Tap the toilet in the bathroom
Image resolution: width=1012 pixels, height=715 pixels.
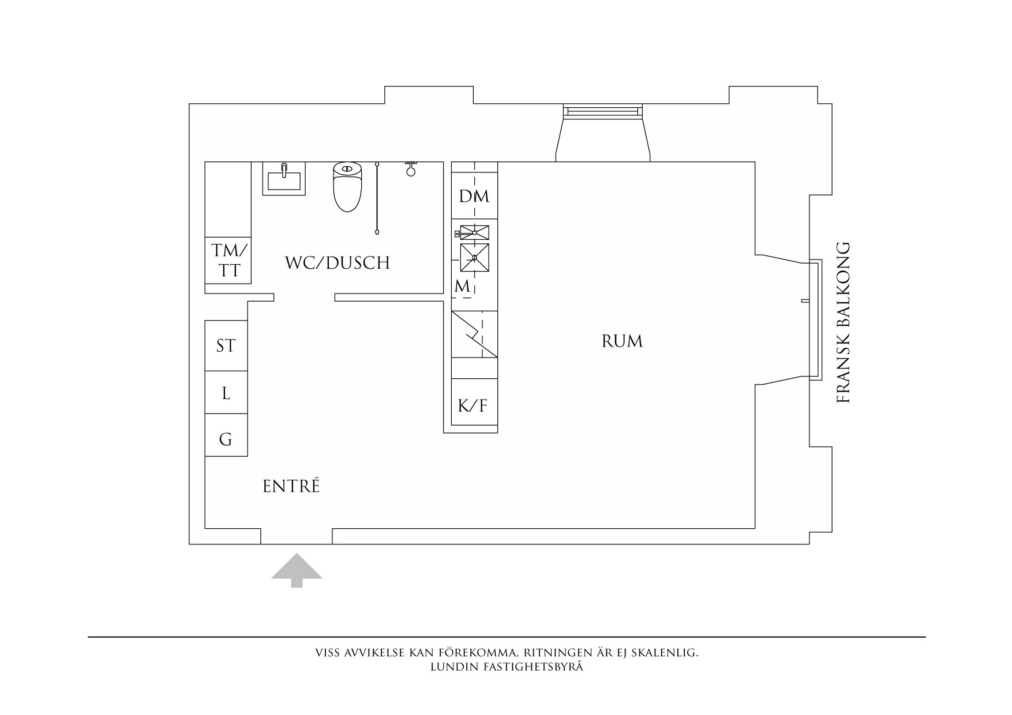click(347, 187)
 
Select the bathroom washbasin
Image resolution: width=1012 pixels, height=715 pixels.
click(284, 179)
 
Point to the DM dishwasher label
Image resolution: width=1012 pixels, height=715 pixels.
click(474, 197)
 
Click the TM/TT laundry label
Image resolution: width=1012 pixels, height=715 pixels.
click(228, 261)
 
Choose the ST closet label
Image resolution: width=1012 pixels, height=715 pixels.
click(226, 345)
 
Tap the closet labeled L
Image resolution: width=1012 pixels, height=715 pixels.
click(226, 393)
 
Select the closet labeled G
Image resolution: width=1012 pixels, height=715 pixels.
click(226, 439)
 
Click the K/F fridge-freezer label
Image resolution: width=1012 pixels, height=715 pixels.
click(473, 406)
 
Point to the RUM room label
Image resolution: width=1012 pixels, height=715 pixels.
click(622, 341)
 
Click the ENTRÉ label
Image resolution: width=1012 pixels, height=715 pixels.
click(291, 487)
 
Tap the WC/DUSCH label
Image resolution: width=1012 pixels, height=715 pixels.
click(338, 263)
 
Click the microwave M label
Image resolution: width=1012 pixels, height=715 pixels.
click(462, 286)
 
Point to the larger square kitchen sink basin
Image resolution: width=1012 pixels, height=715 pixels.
click(474, 258)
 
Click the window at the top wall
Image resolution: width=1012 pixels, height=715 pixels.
click(602, 111)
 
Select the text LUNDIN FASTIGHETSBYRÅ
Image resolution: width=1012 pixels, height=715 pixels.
click(507, 668)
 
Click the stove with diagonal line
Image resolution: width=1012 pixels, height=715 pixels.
click(474, 334)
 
